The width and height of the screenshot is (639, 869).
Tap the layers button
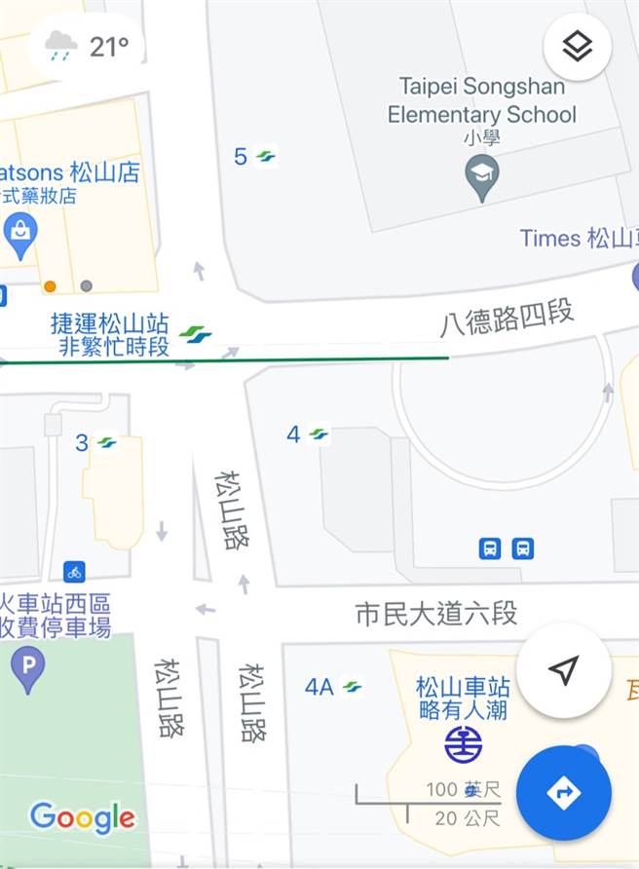tap(578, 46)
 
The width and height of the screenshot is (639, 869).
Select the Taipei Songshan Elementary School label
tap(481, 100)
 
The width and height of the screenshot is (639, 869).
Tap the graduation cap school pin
tap(481, 179)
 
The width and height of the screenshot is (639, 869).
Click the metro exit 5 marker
tap(254, 156)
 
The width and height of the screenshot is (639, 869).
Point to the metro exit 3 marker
tap(95, 442)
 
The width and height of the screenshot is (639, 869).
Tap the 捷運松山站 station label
tap(109, 323)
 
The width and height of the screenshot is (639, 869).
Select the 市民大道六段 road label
tap(435, 614)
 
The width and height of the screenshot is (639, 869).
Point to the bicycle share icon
tap(74, 572)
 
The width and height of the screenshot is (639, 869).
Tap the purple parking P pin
tap(27, 669)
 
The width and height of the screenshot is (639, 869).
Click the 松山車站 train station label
tap(463, 686)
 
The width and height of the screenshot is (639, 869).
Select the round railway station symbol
tap(463, 745)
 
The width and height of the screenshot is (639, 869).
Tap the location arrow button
tap(563, 670)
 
